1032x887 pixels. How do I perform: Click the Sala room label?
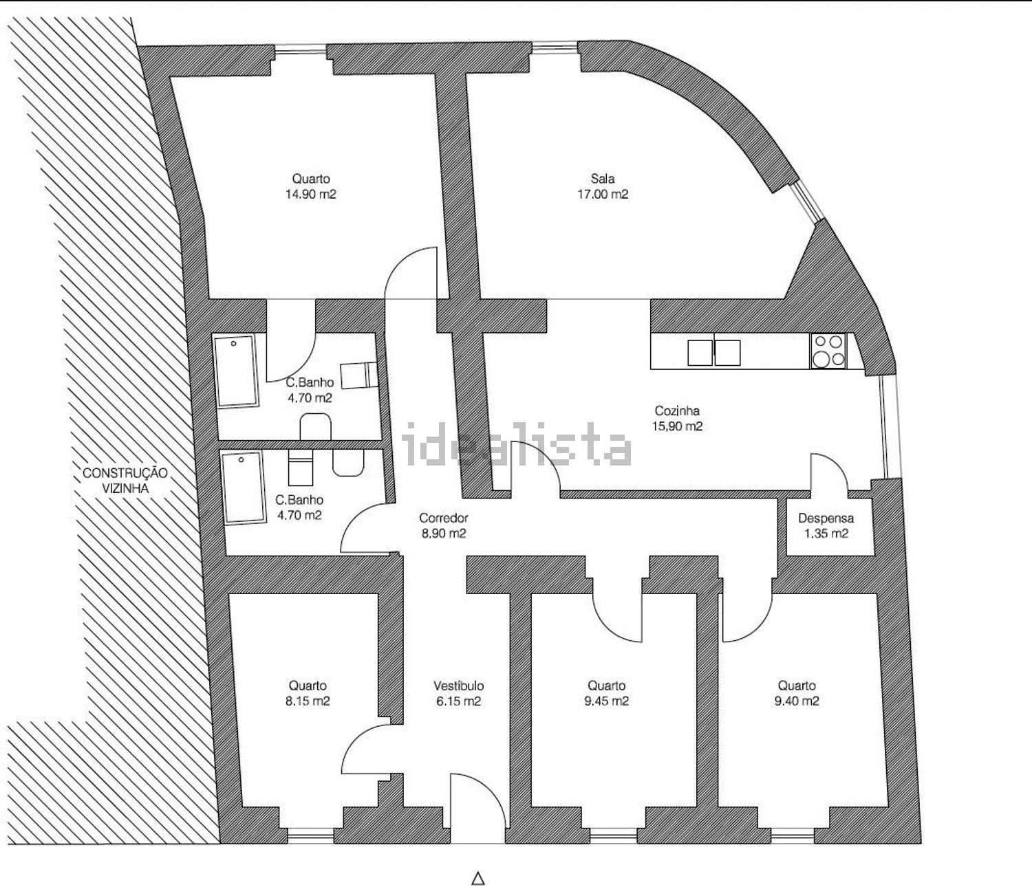click(x=603, y=178)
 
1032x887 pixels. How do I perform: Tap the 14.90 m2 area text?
click(x=310, y=194)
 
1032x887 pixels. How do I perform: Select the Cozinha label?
click(x=677, y=410)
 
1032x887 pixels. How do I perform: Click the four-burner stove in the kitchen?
click(x=828, y=351)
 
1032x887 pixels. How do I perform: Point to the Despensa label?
click(x=826, y=518)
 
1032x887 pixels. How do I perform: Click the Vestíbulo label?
click(x=458, y=686)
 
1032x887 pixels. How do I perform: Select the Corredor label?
click(x=443, y=518)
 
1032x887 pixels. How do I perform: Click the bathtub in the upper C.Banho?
click(x=237, y=371)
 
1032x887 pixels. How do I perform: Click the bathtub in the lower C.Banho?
click(x=244, y=488)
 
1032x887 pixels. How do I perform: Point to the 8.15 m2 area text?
click(x=308, y=701)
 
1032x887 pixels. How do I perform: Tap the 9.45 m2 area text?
click(x=607, y=701)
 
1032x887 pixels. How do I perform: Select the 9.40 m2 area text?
click(x=797, y=701)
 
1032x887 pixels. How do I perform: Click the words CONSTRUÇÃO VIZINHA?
click(x=125, y=480)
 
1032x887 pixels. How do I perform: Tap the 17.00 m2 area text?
click(x=603, y=194)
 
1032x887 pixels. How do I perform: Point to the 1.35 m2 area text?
click(x=826, y=534)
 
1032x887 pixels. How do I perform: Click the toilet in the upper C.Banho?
click(x=316, y=426)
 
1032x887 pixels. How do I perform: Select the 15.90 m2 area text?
click(x=677, y=426)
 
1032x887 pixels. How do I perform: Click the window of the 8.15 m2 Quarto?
click(x=310, y=835)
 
